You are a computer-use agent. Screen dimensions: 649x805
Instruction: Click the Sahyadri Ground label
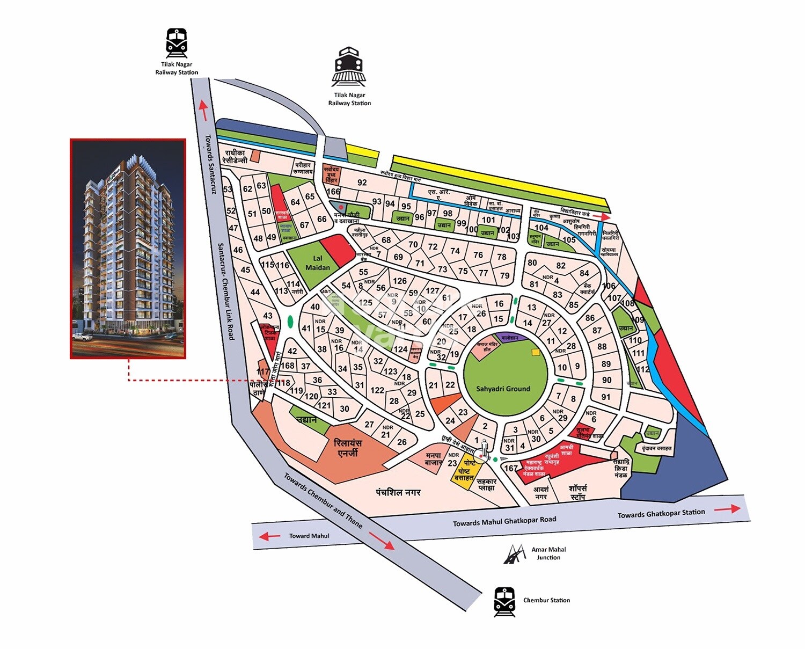503,389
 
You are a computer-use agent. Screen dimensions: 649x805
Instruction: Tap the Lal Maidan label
318,262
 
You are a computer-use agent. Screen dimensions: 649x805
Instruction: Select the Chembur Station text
546,600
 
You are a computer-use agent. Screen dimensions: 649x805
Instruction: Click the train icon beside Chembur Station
504,602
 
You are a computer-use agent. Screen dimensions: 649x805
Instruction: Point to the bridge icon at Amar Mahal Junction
515,554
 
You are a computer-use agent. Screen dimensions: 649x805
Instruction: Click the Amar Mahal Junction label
548,553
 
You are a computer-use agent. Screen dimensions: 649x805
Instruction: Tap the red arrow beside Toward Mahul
269,536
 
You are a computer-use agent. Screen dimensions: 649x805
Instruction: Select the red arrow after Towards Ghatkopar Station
727,509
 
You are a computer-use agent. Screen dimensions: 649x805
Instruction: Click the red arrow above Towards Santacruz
203,110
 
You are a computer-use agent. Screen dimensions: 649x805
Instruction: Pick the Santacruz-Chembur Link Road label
226,290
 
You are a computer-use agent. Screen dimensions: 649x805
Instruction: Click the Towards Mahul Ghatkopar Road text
504,521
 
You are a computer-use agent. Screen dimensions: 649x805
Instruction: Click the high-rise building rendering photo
128,249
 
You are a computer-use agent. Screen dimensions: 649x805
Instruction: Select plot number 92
362,183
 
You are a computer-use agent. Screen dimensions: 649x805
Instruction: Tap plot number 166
333,192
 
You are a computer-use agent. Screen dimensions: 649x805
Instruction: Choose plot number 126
400,281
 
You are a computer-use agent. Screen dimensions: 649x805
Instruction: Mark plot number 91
606,397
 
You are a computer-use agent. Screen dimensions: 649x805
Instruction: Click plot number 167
511,468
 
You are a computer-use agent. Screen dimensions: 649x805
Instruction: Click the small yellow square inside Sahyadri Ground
535,353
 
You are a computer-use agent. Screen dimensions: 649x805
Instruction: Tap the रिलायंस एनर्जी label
348,448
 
